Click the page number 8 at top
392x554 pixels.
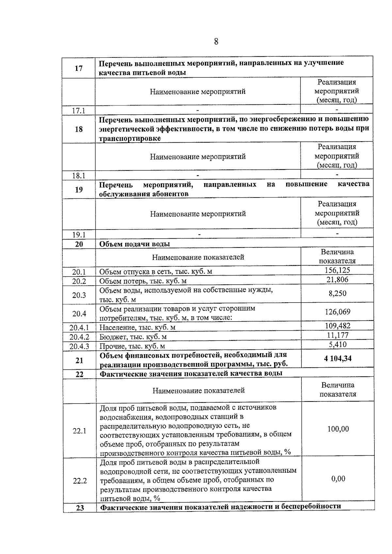click(x=216, y=42)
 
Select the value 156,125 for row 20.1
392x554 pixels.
click(x=337, y=270)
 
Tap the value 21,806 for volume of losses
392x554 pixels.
click(x=337, y=280)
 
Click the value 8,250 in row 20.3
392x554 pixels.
click(x=337, y=293)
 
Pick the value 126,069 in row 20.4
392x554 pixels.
click(x=337, y=312)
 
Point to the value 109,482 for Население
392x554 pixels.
click(x=337, y=326)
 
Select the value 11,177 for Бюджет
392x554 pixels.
click(x=337, y=335)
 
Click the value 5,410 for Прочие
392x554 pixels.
click(x=337, y=345)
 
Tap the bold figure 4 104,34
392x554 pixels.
click(x=337, y=359)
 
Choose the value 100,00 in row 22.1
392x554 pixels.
click(x=338, y=429)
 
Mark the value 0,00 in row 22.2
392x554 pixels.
click(x=338, y=479)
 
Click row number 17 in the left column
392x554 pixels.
click(x=79, y=68)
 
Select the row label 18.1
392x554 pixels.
click(x=79, y=176)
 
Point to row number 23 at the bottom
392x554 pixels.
click(x=79, y=508)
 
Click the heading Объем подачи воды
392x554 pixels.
click(x=135, y=244)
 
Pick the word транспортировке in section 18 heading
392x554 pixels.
click(x=130, y=138)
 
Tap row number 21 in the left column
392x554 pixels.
click(x=79, y=360)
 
